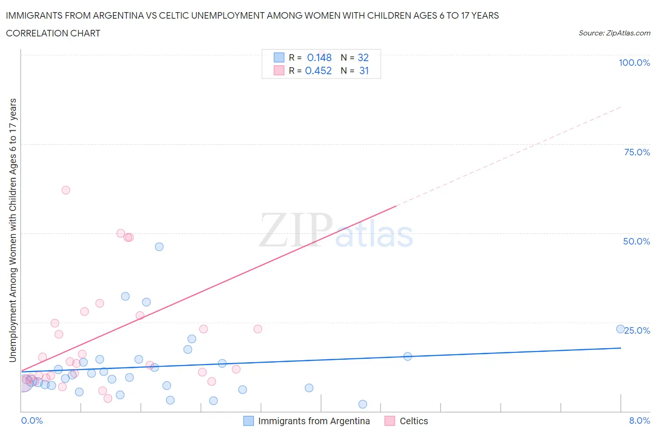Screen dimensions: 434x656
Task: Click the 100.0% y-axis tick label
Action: [x=634, y=63]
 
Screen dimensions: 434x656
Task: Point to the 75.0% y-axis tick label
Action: [x=637, y=152]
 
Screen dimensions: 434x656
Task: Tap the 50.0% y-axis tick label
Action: [x=636, y=241]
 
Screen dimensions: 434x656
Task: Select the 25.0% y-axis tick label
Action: [x=637, y=330]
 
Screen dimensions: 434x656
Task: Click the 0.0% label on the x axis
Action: [x=32, y=420]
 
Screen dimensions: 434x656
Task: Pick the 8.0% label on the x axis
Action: [x=639, y=420]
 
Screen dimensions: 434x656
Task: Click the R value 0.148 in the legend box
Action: [x=319, y=57]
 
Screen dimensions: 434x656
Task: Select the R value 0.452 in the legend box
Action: [x=318, y=70]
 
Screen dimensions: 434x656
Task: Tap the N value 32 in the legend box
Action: [x=363, y=57]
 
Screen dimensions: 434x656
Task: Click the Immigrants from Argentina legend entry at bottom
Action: [x=314, y=421]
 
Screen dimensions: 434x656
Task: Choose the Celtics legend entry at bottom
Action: [x=413, y=421]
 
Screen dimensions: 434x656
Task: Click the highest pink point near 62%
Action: [x=66, y=190]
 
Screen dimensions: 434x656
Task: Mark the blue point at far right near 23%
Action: [x=621, y=329]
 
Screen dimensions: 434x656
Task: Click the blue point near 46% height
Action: [x=159, y=247]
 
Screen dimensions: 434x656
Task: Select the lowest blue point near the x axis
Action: [x=363, y=404]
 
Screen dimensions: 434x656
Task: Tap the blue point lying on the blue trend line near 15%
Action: [x=407, y=356]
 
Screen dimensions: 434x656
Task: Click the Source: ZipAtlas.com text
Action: [x=614, y=33]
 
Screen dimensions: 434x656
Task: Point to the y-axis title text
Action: [x=13, y=230]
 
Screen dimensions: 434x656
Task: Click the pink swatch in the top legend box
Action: [x=279, y=70]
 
